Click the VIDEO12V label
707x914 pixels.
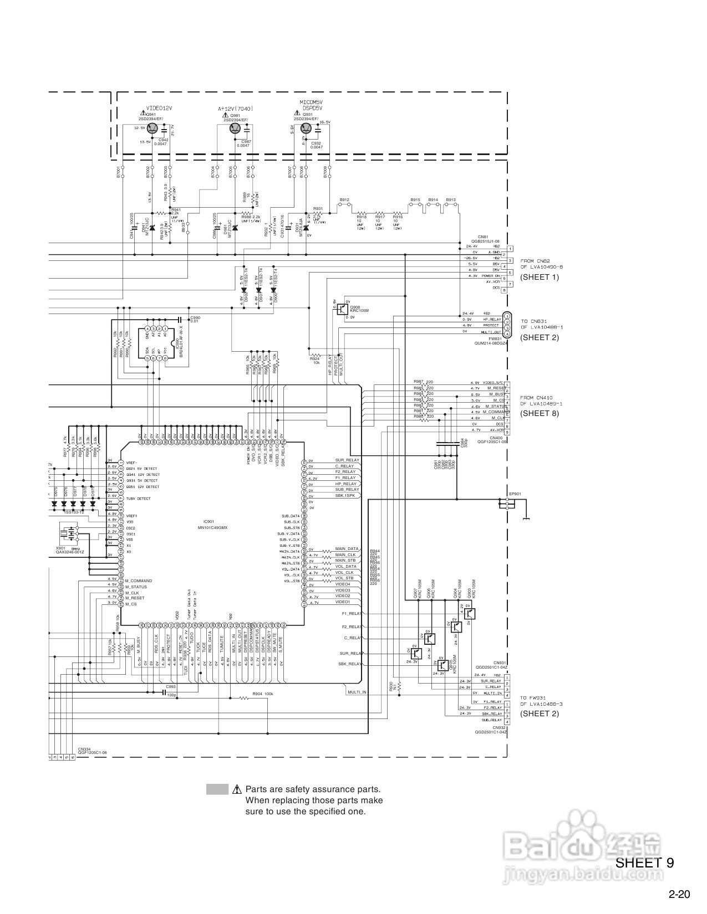160,108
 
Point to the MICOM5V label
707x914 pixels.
311,102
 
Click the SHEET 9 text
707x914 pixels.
645,862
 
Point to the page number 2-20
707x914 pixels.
679,894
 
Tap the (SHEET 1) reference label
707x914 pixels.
539,277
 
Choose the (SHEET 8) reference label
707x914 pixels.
539,413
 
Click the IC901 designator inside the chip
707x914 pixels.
208,521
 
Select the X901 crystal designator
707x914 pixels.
60,547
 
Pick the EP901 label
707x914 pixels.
515,494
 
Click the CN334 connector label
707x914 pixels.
84,748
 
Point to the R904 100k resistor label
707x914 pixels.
262,694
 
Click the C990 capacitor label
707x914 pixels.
195,317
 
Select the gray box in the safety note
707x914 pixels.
217,789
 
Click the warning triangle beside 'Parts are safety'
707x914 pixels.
237,789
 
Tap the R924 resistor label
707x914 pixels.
315,359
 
